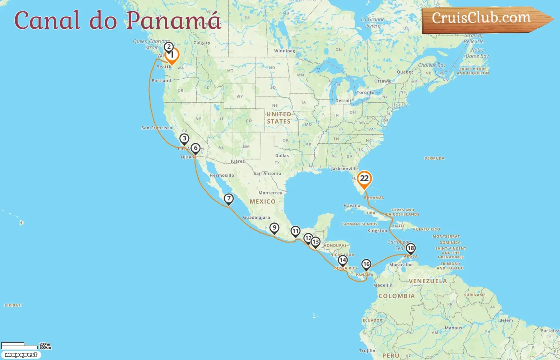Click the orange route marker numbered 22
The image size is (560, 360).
[x=364, y=179]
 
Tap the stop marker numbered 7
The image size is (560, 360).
[x=228, y=199]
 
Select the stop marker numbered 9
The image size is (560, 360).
[x=274, y=228]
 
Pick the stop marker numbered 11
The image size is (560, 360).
[x=295, y=231]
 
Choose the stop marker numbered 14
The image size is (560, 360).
[x=342, y=260]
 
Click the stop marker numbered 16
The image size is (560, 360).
[x=366, y=264]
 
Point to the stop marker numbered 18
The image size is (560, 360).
[x=410, y=248]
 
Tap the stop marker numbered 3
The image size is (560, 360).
[x=184, y=139]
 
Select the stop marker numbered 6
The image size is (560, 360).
[x=195, y=148]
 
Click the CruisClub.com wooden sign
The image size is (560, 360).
[x=484, y=18]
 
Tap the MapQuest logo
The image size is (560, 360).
[x=21, y=355]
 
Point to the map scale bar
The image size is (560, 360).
[x=19, y=346]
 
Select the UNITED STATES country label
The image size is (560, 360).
[x=279, y=118]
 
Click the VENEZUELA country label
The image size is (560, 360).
[x=428, y=281]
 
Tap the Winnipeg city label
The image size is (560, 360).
[x=284, y=51]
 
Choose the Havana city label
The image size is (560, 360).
[x=352, y=206]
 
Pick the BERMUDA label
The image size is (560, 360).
[x=434, y=158]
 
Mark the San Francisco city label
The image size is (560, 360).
[x=157, y=128]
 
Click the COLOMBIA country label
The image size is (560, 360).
[x=396, y=296]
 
